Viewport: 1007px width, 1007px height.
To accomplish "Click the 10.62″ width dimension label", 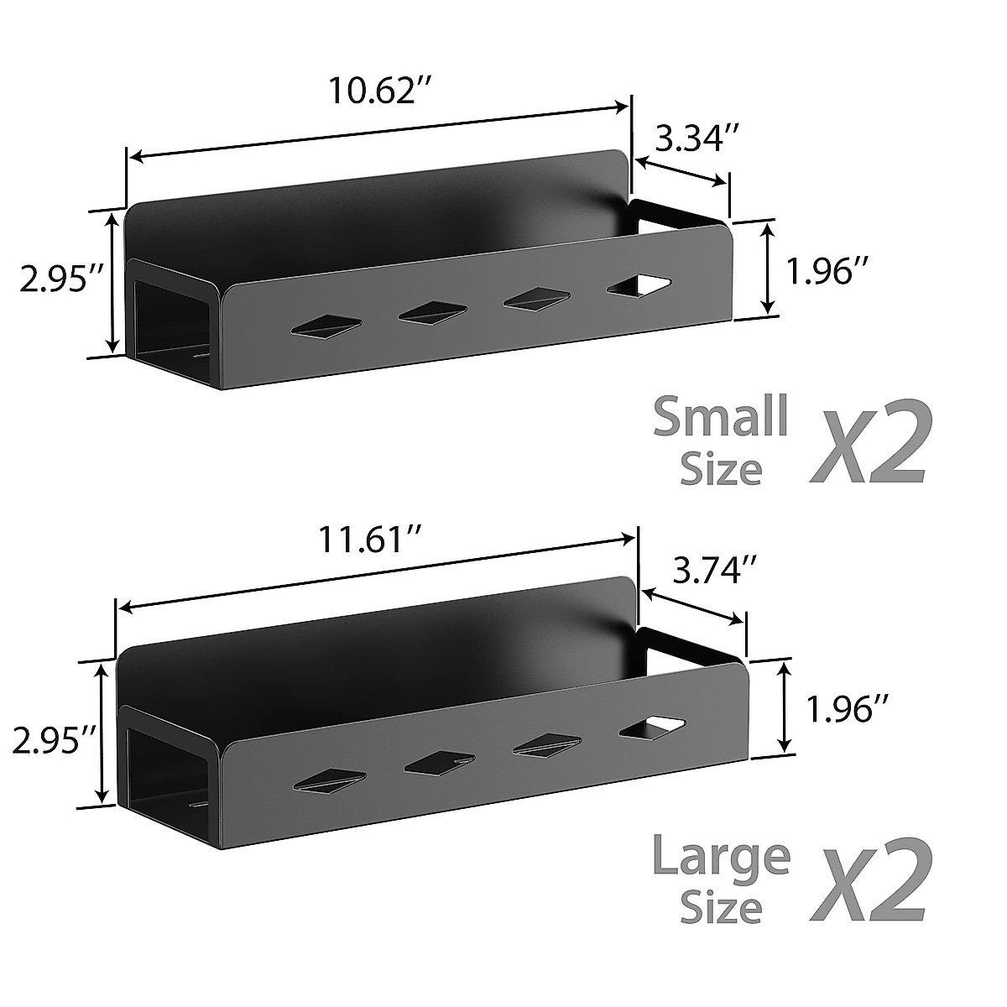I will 373,90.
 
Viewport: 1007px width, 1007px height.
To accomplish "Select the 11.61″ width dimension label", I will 368,542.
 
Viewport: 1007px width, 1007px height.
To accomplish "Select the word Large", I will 721,857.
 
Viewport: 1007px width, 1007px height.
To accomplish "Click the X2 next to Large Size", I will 868,881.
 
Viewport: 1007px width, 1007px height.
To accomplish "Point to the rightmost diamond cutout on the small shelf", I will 639,285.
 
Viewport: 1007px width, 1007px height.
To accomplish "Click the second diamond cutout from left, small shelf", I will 432,312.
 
